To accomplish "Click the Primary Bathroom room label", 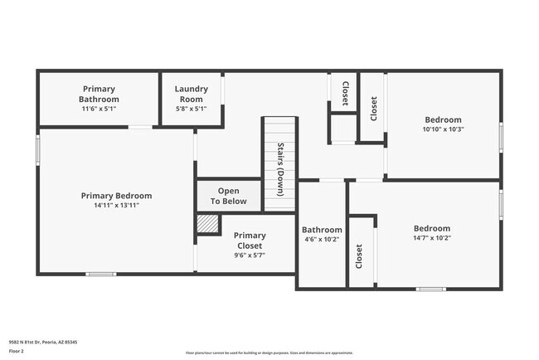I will click(x=99, y=94).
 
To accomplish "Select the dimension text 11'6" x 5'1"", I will click(x=99, y=109).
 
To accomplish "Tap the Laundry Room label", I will click(x=191, y=94).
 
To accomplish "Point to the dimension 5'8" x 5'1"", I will click(x=191, y=109).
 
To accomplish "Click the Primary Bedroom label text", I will click(x=116, y=196).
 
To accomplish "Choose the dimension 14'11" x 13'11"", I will click(x=116, y=206).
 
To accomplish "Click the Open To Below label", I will click(x=228, y=196).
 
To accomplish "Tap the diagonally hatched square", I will click(x=208, y=225).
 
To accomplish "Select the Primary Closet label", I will click(x=250, y=241).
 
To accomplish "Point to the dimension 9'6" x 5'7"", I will click(x=250, y=255).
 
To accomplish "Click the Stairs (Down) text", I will click(x=281, y=169).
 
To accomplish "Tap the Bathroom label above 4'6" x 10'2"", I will click(x=322, y=230).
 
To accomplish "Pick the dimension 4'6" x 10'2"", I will click(x=322, y=241).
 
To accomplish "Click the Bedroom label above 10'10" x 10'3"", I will click(x=443, y=119).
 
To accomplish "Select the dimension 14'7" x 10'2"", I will click(x=432, y=238).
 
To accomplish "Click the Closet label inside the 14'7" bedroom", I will click(x=359, y=256).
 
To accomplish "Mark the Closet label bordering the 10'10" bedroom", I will click(x=374, y=109).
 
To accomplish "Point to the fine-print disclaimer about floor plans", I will click(x=269, y=352).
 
